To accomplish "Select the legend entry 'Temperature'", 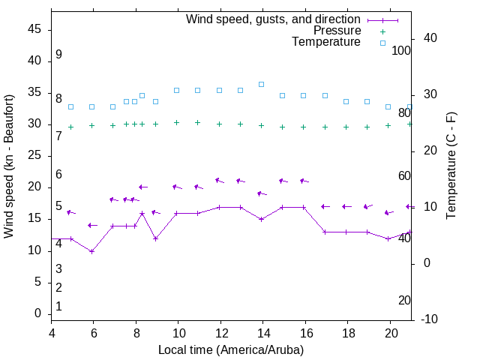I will [x=326, y=42].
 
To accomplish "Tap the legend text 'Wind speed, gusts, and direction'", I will [x=273, y=19].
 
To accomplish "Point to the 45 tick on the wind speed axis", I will [x=34, y=30].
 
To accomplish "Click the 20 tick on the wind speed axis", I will [x=34, y=187].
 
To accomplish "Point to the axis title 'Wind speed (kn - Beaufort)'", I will [x=10, y=166].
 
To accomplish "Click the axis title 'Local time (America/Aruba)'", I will [x=231, y=349].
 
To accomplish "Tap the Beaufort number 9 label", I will [x=58, y=55].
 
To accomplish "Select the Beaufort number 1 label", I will [x=58, y=307].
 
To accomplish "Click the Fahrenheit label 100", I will [x=402, y=50].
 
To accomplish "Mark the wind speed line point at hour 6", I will [x=92, y=251].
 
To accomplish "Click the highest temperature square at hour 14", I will [x=261, y=84].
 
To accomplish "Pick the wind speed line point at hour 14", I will [x=261, y=219].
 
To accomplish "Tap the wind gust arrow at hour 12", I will [x=219, y=180].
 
